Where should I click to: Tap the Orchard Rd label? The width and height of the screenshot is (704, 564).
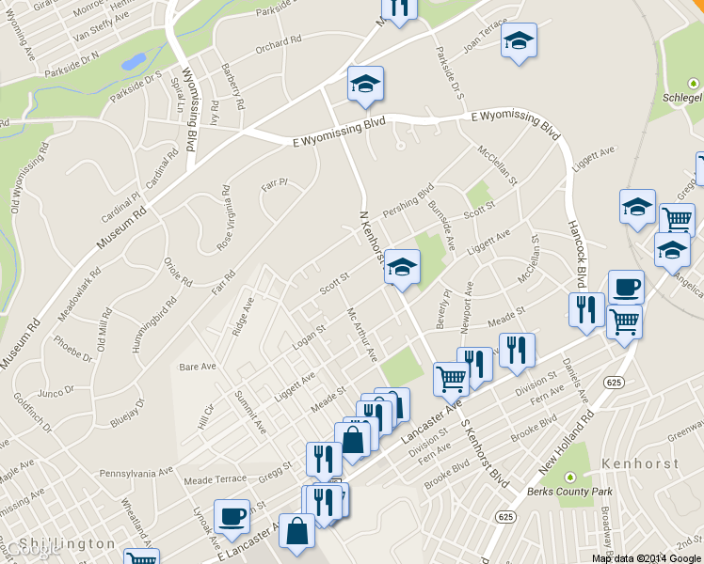pos(278,42)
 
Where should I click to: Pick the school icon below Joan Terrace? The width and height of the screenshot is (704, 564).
pos(517,41)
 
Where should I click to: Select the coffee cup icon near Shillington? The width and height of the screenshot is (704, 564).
pos(232,516)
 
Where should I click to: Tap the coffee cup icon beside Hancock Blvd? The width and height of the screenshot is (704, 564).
pos(625,287)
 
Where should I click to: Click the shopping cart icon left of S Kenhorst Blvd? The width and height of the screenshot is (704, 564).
pos(451,378)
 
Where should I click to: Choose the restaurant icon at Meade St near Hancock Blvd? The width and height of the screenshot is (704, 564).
pos(586,308)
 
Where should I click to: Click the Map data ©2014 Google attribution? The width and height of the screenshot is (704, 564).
pos(647,558)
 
